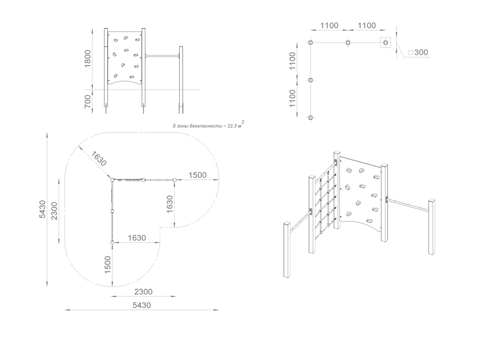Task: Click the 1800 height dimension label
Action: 87,59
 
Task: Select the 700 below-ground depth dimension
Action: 87,101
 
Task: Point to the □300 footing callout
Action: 418,52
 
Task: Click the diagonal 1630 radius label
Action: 98,159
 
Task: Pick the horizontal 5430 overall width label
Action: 142,305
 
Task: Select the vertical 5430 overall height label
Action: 42,209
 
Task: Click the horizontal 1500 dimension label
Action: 197,175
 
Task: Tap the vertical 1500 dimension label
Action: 108,265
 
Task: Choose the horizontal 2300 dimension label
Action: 143,292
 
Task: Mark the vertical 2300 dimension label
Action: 54,211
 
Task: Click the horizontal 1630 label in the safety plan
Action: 136,238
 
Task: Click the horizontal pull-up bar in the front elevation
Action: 162,56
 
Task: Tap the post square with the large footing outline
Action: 386,43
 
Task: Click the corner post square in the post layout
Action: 311,43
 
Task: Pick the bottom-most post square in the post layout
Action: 311,118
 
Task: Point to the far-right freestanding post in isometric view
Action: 432,227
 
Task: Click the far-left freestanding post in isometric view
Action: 288,250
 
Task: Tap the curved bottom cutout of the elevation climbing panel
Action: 125,82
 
